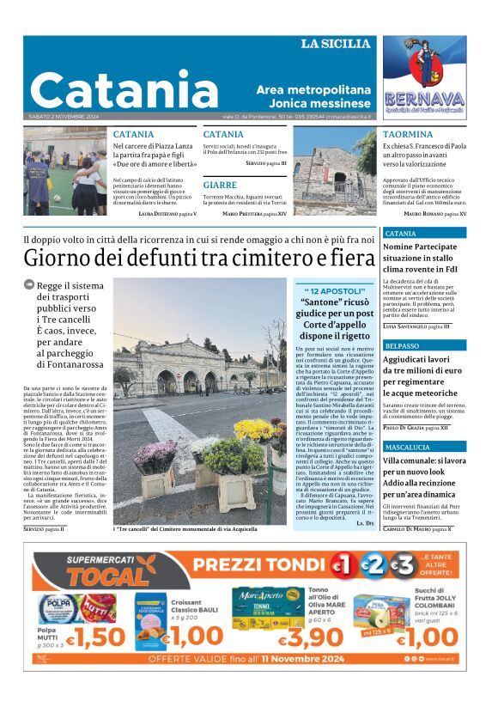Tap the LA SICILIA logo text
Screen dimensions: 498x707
pos(336,44)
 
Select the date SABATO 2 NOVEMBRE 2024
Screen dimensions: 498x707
pos(64,117)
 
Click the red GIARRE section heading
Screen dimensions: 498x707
pos(220,185)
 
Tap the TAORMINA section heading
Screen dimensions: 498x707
pos(408,135)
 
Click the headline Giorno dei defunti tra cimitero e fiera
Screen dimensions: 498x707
pos(199,257)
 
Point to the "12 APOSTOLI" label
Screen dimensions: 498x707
pos(333,292)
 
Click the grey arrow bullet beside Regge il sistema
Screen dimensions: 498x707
pos(29,284)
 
